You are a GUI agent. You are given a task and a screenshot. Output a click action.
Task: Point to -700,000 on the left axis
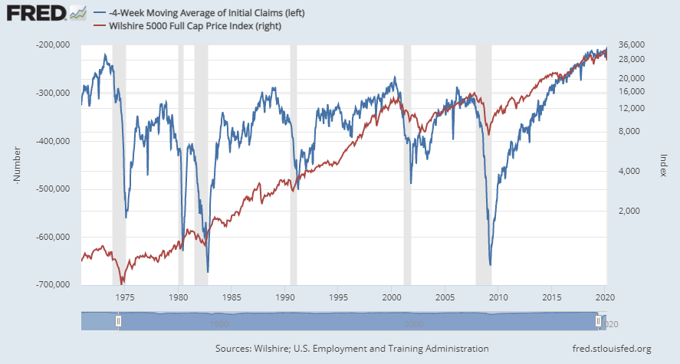tap(54, 284)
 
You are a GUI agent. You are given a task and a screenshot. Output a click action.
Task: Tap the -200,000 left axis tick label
tap(54, 45)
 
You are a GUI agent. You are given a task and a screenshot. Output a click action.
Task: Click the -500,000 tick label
tap(54, 189)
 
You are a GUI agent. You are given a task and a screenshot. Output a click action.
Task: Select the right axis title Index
tap(663, 165)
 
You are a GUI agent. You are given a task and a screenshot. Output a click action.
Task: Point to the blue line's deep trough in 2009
tap(490, 264)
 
